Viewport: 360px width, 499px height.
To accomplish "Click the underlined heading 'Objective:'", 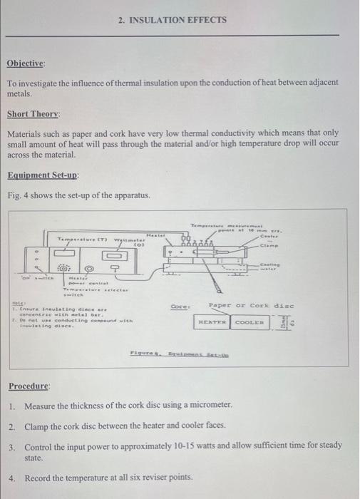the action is [26, 63].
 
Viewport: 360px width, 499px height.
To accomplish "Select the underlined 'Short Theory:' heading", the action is [34, 113].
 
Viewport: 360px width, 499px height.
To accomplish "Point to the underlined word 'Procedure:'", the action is [30, 386].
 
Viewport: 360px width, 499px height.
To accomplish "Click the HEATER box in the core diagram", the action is [212, 323].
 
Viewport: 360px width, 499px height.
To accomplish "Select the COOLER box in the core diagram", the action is [249, 323].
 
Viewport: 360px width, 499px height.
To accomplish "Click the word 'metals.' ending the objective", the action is [20, 93].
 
